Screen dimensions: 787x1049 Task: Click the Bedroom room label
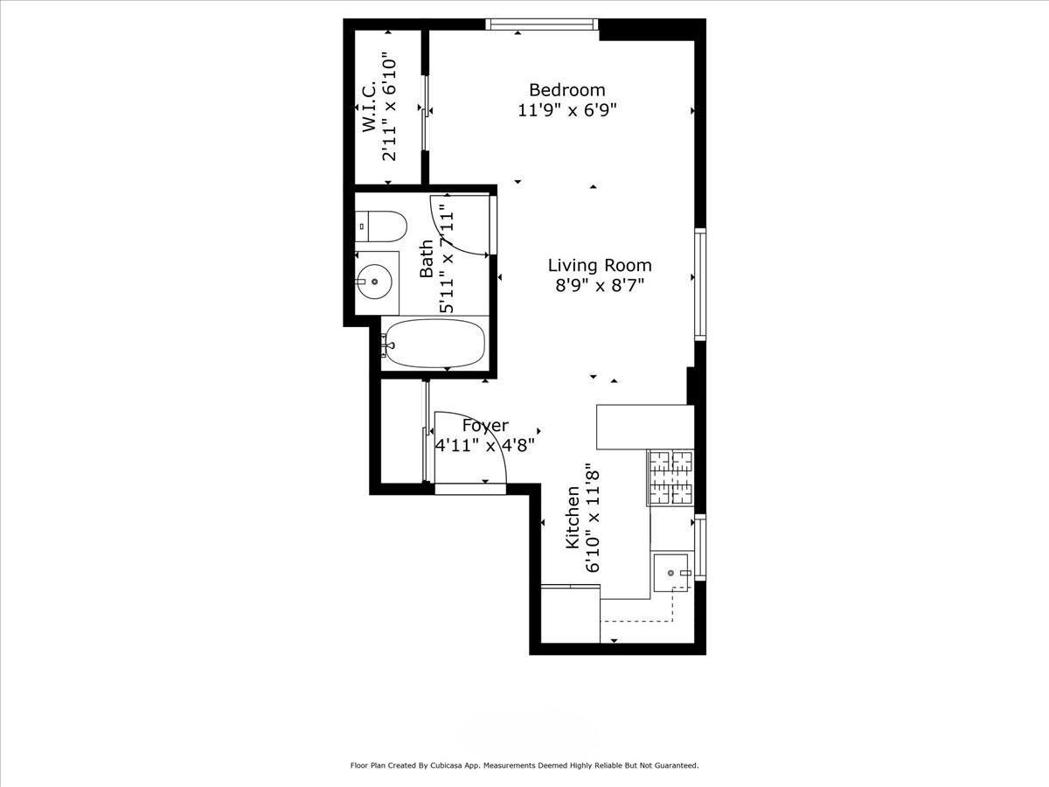[x=566, y=90]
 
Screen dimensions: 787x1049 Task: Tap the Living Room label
[x=599, y=265]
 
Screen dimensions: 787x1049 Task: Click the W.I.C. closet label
[x=369, y=108]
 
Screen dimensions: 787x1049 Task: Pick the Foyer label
[x=485, y=426]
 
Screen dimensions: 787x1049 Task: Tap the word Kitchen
[x=573, y=518]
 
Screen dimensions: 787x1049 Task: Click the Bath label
[x=427, y=259]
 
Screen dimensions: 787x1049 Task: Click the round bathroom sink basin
[x=376, y=282]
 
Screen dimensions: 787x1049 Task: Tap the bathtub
[x=434, y=344]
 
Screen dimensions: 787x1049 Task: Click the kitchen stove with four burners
[x=670, y=477]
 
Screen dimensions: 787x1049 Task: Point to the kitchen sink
[x=671, y=573]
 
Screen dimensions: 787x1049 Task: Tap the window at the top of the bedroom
[x=542, y=24]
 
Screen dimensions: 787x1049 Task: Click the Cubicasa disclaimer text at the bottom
[x=524, y=765]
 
